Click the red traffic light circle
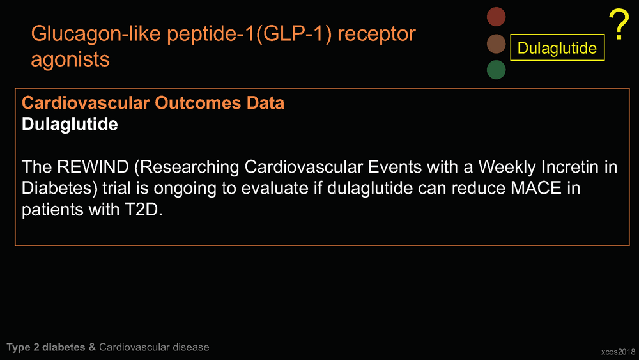pyautogui.click(x=496, y=17)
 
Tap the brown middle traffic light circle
pyautogui.click(x=496, y=44)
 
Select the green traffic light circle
pyautogui.click(x=496, y=70)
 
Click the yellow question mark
pyautogui.click(x=619, y=24)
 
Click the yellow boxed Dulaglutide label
pyautogui.click(x=557, y=48)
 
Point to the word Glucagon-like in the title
pyautogui.click(x=96, y=34)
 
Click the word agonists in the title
pyautogui.click(x=70, y=59)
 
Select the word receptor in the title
pyautogui.click(x=376, y=35)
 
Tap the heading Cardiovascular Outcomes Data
pyautogui.click(x=153, y=103)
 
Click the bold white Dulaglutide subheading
pyautogui.click(x=70, y=124)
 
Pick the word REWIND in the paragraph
pyautogui.click(x=93, y=167)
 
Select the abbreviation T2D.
pyautogui.click(x=141, y=210)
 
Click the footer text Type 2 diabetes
pyautogui.click(x=45, y=347)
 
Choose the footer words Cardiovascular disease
pyautogui.click(x=154, y=347)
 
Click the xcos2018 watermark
pyautogui.click(x=618, y=352)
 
